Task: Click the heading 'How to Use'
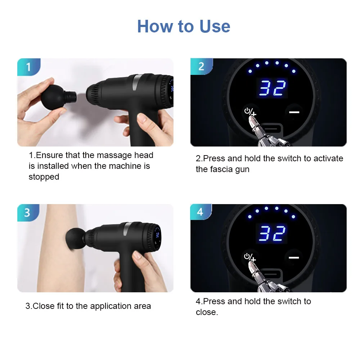point(184,26)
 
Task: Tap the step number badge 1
point(29,67)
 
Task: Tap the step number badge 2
point(201,66)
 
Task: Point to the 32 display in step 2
point(272,87)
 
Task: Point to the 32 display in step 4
point(272,233)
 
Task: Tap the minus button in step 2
point(294,112)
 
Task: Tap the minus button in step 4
point(294,258)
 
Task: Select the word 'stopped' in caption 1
point(44,177)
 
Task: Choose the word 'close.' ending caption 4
point(207,312)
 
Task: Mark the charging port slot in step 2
point(273,129)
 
